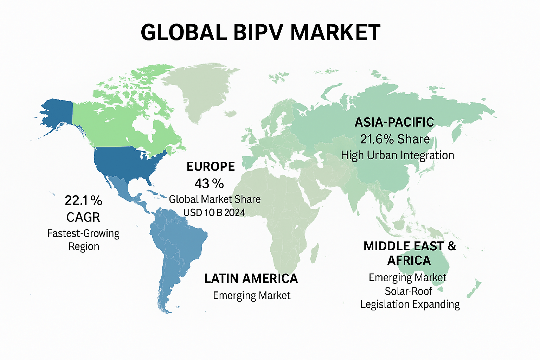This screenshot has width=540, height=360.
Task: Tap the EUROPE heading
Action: pos(211,167)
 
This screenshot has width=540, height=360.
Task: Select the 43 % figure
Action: pos(209,184)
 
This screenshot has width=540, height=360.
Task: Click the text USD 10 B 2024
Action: pos(214,212)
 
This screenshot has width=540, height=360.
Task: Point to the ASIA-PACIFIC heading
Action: pos(394,122)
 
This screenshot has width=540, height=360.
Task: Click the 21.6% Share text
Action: pos(395,139)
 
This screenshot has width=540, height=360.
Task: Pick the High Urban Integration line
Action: pos(397,155)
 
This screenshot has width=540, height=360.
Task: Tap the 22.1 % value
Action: pos(83,201)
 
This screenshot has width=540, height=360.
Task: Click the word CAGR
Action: pos(83,217)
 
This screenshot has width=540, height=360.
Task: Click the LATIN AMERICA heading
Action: pos(251,279)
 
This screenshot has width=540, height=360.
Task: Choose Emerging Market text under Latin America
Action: pos(252,295)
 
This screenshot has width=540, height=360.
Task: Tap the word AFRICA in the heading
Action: pos(409,261)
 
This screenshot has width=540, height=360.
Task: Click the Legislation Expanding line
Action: pos(410,304)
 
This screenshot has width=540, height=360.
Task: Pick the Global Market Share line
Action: pos(214,199)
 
